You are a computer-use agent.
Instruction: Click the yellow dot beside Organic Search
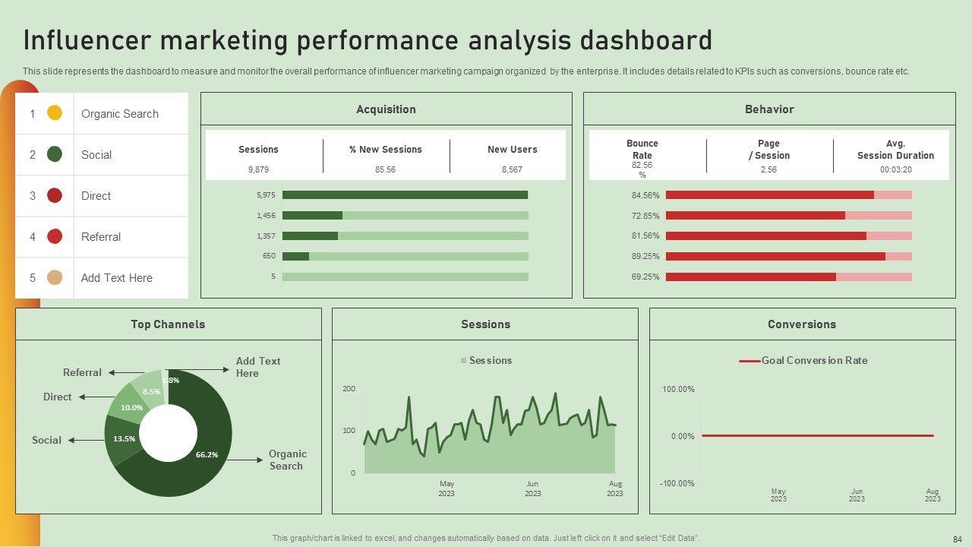(x=55, y=113)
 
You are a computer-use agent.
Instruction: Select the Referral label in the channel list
(x=101, y=237)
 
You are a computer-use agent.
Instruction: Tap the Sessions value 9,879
(x=258, y=169)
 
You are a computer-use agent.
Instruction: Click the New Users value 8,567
(x=512, y=169)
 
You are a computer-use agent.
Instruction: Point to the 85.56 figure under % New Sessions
(x=385, y=169)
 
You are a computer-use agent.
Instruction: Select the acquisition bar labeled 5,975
(x=405, y=195)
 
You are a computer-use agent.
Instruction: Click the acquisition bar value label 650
(x=270, y=256)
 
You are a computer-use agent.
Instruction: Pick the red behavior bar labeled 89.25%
(x=775, y=257)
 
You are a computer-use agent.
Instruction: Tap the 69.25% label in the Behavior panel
(x=645, y=277)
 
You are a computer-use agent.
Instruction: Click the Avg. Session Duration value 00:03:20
(x=895, y=169)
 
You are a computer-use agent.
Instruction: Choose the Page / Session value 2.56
(x=768, y=169)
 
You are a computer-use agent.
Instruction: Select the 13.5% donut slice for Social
(x=124, y=439)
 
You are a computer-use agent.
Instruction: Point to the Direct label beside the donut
(x=58, y=397)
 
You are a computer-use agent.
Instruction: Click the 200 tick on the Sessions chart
(x=349, y=389)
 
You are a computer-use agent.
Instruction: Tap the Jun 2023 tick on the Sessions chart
(x=532, y=489)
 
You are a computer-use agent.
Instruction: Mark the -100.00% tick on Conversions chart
(x=677, y=484)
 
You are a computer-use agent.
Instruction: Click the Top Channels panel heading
(x=168, y=324)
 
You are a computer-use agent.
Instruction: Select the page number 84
(x=957, y=539)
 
